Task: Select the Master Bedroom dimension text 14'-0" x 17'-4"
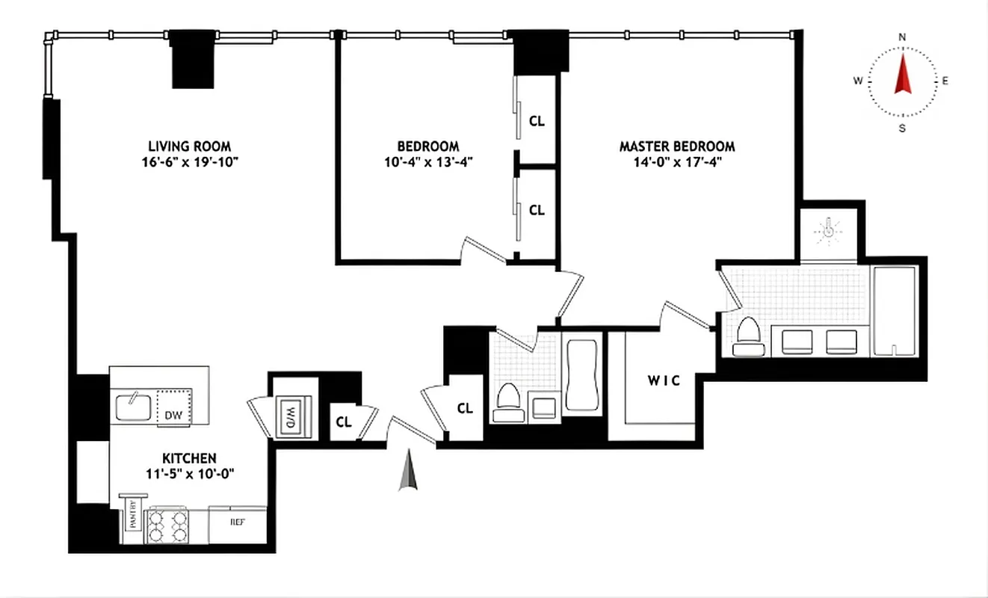pyautogui.click(x=676, y=161)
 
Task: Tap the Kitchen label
pyautogui.click(x=190, y=457)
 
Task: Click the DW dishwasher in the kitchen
pyautogui.click(x=173, y=414)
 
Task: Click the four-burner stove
pyautogui.click(x=167, y=525)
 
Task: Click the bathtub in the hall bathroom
pyautogui.click(x=581, y=375)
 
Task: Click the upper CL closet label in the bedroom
pyautogui.click(x=537, y=120)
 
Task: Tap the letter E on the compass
pyautogui.click(x=945, y=81)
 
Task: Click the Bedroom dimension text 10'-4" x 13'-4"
pyautogui.click(x=428, y=161)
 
